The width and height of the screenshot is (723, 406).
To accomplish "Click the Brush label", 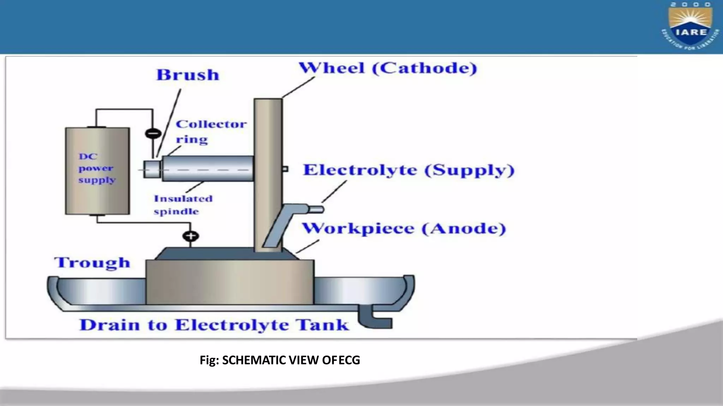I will tap(188, 75).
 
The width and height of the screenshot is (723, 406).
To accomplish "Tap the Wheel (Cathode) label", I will tap(388, 68).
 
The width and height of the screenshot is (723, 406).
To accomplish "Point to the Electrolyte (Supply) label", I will tap(409, 170).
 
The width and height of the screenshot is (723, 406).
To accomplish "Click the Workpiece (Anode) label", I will tap(404, 229).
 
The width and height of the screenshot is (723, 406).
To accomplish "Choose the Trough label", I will tap(92, 263).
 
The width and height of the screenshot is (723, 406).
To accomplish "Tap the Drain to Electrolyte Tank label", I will tap(214, 325).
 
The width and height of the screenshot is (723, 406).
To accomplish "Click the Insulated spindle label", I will tap(183, 205).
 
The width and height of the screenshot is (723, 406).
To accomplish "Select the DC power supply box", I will tap(97, 171).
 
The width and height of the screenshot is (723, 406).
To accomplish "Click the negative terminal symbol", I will tap(153, 134).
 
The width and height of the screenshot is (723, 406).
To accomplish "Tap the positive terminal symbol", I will tap(191, 236).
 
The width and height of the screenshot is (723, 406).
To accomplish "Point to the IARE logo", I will tap(690, 26).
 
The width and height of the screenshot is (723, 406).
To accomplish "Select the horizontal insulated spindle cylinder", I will tap(208, 168).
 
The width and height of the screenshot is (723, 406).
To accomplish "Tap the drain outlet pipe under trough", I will tap(376, 319).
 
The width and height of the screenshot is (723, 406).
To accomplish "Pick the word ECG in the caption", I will tap(349, 360).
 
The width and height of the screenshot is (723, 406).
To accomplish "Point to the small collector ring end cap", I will tap(152, 169).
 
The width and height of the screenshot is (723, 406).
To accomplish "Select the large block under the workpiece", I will tap(229, 282).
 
